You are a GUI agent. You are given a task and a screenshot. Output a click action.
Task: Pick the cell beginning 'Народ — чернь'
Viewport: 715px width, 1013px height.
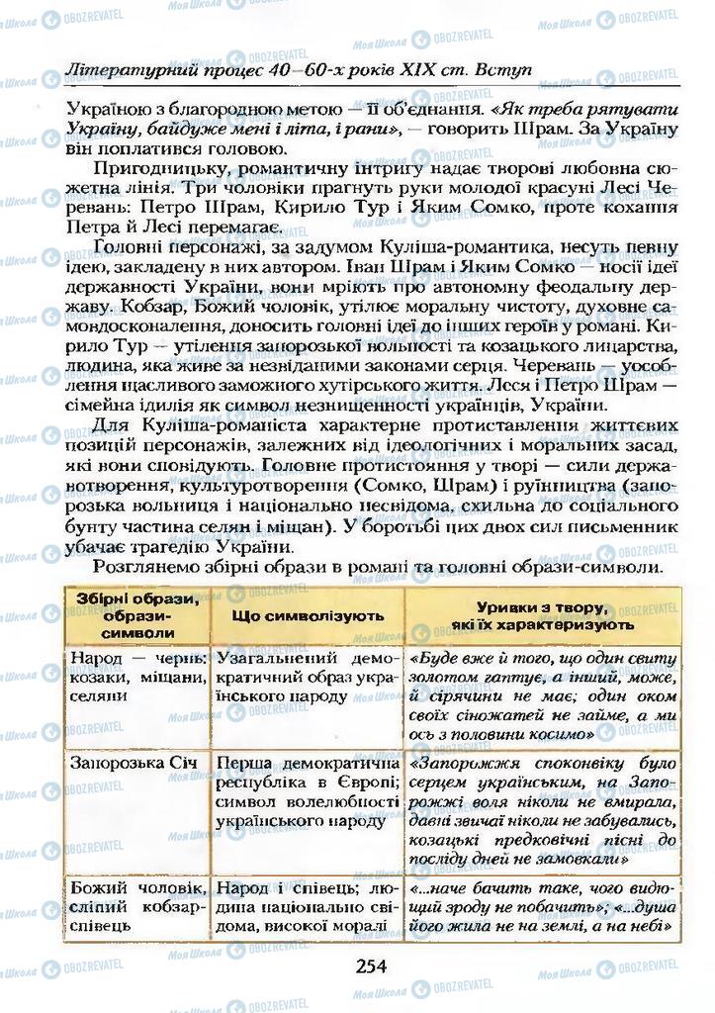click(134, 677)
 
